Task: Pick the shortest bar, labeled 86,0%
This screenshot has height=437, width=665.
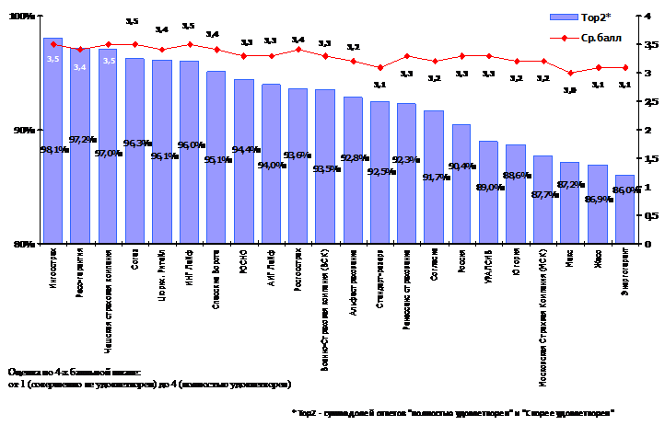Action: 624,221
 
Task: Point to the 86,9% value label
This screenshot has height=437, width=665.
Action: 597,199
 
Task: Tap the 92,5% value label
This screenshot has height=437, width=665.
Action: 379,170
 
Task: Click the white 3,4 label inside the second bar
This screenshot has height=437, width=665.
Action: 80,67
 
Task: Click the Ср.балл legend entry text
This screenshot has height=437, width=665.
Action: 602,39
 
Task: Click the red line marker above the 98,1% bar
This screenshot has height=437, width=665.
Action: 53,43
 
